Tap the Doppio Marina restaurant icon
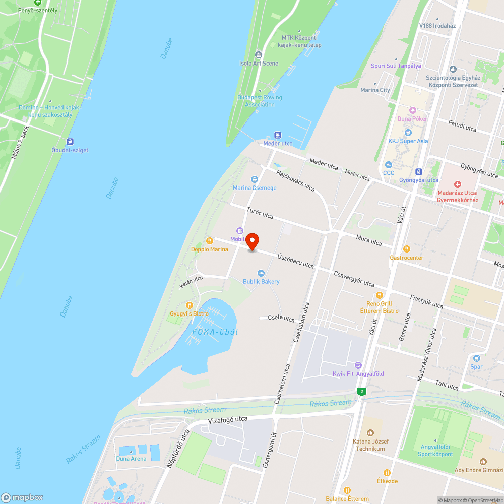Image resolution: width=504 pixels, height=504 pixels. pyautogui.click(x=209, y=241)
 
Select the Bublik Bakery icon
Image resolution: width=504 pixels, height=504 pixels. pyautogui.click(x=261, y=273)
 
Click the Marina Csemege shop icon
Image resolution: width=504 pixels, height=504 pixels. pyautogui.click(x=255, y=179)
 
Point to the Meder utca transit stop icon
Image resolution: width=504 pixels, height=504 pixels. pyautogui.click(x=278, y=135)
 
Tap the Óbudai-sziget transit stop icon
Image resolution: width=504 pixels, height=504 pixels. pyautogui.click(x=70, y=142)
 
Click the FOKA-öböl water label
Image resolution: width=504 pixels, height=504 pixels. pyautogui.click(x=215, y=332)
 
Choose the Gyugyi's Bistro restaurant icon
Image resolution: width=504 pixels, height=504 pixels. pyautogui.click(x=189, y=305)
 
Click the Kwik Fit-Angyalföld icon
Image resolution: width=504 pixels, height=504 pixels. pyautogui.click(x=358, y=365)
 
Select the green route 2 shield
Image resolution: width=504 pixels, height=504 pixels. pyautogui.click(x=361, y=392)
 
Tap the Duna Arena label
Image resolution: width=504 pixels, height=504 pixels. pyautogui.click(x=131, y=459)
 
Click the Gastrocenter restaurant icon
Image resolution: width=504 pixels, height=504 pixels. pyautogui.click(x=407, y=249)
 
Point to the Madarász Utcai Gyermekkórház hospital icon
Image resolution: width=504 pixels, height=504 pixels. pyautogui.click(x=457, y=185)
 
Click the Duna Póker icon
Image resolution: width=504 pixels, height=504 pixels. pyautogui.click(x=413, y=110)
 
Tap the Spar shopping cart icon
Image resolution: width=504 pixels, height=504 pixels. pyautogui.click(x=476, y=358)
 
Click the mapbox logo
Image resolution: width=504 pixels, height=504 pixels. pyautogui.click(x=22, y=497)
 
